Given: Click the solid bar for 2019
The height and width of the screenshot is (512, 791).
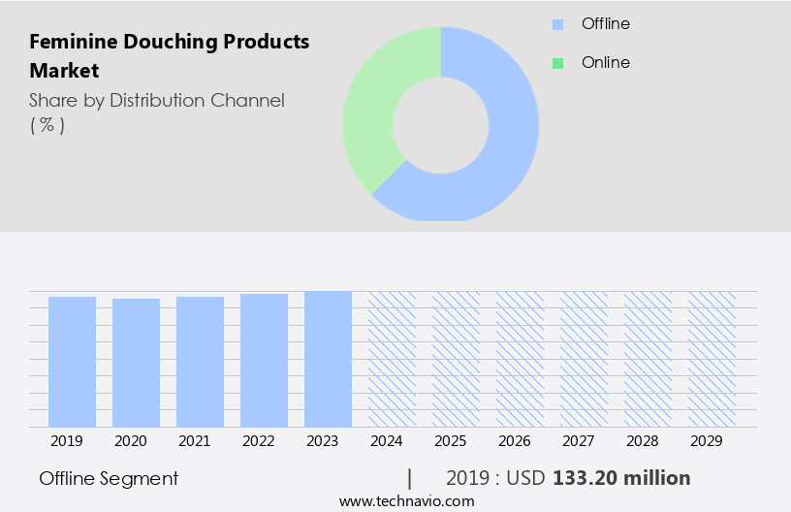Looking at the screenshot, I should click(x=72, y=362).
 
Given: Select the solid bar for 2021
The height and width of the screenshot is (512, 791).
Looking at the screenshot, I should click(x=200, y=362).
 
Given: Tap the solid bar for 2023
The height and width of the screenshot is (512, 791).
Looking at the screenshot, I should click(x=328, y=359).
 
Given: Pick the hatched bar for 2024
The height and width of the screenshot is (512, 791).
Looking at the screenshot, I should click(x=392, y=359).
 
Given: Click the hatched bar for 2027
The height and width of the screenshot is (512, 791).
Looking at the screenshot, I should click(x=584, y=359).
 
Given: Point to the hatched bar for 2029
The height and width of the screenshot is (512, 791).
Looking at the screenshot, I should click(x=712, y=359).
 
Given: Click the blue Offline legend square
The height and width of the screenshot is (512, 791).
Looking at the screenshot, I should click(x=557, y=24).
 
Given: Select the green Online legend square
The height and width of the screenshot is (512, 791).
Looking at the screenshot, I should click(x=557, y=63).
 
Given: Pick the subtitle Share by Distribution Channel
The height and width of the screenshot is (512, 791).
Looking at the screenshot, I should click(x=157, y=100).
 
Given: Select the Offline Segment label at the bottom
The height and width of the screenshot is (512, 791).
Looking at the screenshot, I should click(x=109, y=478).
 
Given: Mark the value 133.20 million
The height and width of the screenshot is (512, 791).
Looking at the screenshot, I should click(x=621, y=478).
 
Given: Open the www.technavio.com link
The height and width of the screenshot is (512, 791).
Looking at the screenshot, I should click(x=406, y=501).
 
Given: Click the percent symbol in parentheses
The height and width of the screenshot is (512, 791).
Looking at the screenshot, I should click(x=47, y=125).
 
